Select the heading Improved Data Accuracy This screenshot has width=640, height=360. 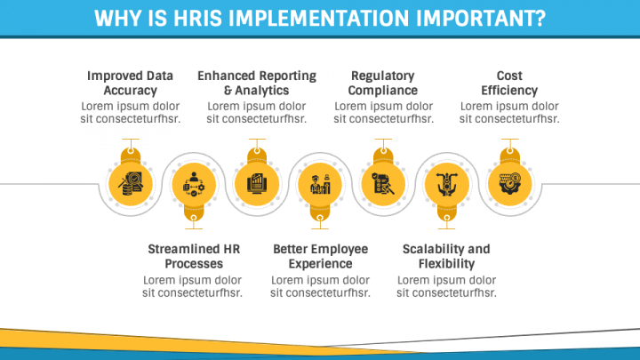(x=130, y=83)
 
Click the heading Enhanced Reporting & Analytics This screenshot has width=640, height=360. (x=257, y=83)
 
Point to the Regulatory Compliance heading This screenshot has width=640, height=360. (x=383, y=83)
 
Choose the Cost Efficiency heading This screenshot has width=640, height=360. (x=509, y=83)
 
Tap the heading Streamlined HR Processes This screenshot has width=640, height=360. (x=194, y=256)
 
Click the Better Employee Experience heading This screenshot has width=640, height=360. (x=320, y=256)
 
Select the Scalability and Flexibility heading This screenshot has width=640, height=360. (x=446, y=256)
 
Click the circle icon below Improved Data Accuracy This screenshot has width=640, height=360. (x=131, y=184)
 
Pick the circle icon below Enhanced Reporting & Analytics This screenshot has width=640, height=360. (x=257, y=184)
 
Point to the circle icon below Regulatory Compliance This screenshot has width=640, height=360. (x=383, y=184)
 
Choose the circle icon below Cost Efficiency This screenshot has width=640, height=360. (x=509, y=184)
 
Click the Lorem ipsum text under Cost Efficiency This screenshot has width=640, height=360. (x=509, y=112)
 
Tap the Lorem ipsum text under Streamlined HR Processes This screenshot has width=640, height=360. (x=194, y=285)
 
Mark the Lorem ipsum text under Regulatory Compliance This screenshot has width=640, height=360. (x=383, y=112)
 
